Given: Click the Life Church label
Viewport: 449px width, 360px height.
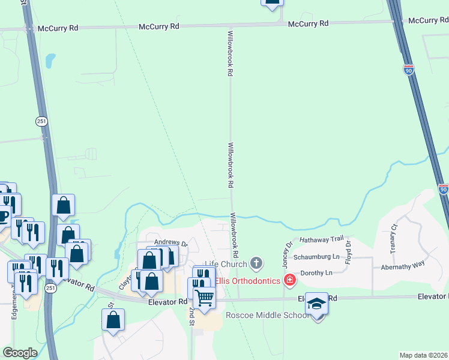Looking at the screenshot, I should pyautogui.click(x=226, y=264).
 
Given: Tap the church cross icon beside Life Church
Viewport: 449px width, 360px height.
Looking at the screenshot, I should pyautogui.click(x=256, y=263).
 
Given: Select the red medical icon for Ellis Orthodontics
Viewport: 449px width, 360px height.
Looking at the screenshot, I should pyautogui.click(x=290, y=280).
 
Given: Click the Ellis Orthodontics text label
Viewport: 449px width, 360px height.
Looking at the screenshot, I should pyautogui.click(x=249, y=281).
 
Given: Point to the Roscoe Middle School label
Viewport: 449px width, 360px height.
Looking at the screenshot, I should pyautogui.click(x=267, y=316).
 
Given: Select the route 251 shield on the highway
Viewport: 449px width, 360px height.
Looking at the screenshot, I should pyautogui.click(x=40, y=121).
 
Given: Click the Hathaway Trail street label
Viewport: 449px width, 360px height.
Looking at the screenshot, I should pyautogui.click(x=322, y=239).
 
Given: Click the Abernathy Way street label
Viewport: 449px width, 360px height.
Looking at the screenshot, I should pyautogui.click(x=403, y=264).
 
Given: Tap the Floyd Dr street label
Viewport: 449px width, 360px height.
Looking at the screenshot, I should pyautogui.click(x=348, y=251).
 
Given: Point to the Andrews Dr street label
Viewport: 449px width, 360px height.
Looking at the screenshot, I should pyautogui.click(x=171, y=244).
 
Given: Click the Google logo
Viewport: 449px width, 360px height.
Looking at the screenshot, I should pyautogui.click(x=20, y=353).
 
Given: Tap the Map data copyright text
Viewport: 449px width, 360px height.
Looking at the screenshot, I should pyautogui.click(x=424, y=355).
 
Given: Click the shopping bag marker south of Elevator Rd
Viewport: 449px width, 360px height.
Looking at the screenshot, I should pyautogui.click(x=113, y=321).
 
